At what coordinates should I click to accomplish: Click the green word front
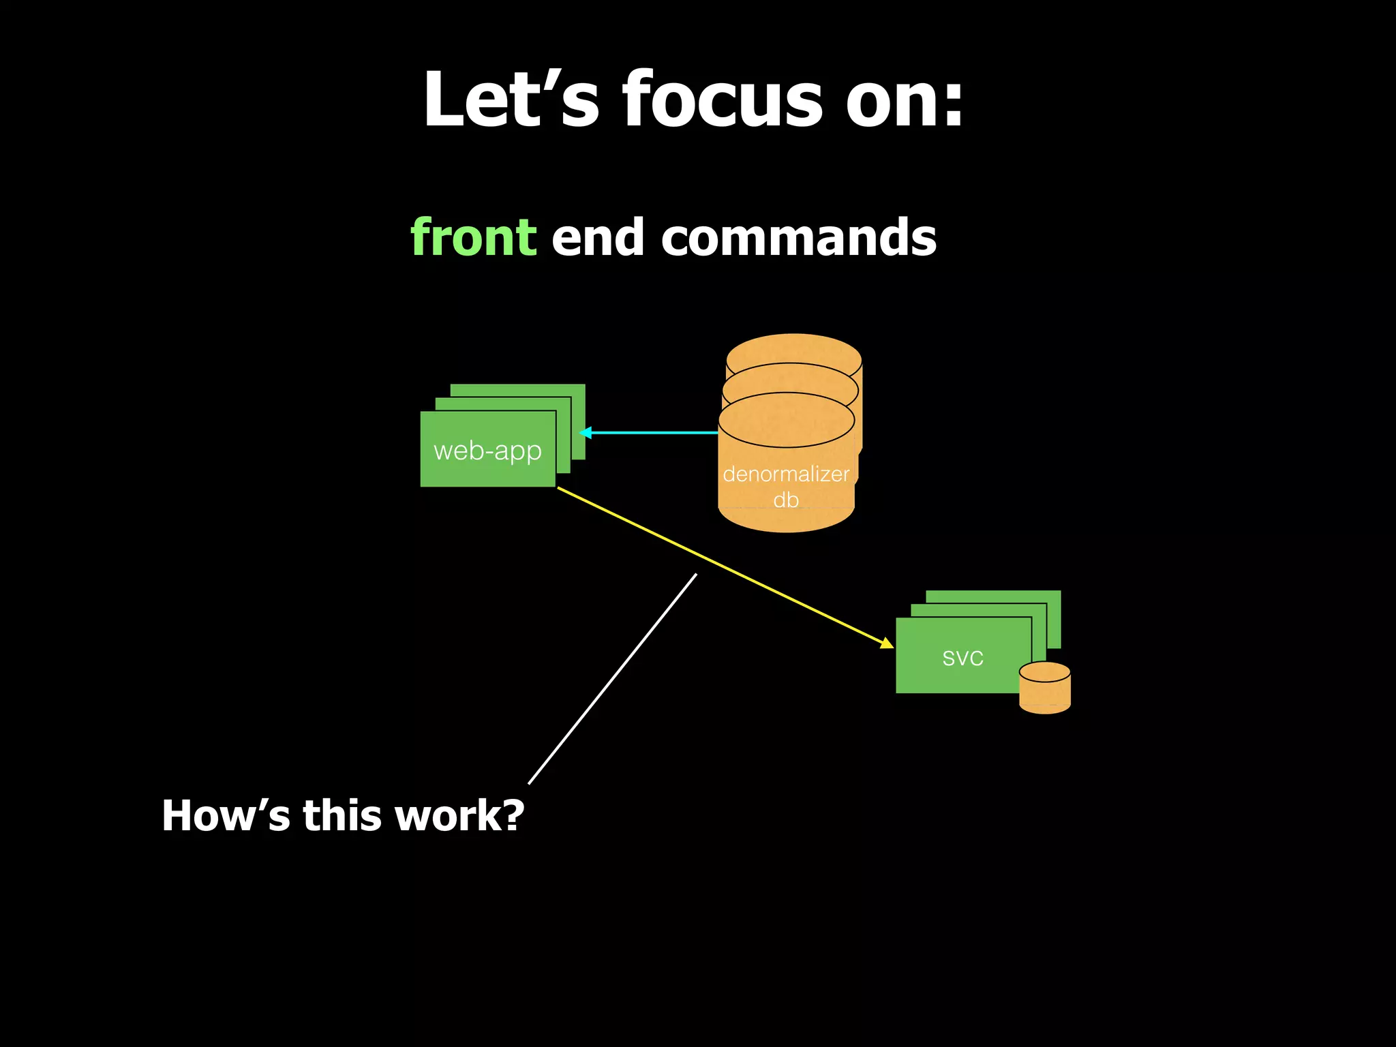click(473, 237)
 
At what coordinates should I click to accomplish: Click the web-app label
click(487, 451)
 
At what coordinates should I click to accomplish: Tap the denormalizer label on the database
click(786, 474)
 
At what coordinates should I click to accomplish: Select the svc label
click(962, 658)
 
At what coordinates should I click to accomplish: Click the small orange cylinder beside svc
click(1045, 688)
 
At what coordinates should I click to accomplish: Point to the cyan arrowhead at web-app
click(584, 432)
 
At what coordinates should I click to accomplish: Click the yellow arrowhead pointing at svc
click(887, 643)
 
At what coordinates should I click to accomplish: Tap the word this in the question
click(342, 815)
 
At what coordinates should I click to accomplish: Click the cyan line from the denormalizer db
click(654, 432)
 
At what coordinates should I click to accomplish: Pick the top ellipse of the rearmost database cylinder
click(794, 348)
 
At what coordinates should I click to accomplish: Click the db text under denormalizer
click(786, 500)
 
